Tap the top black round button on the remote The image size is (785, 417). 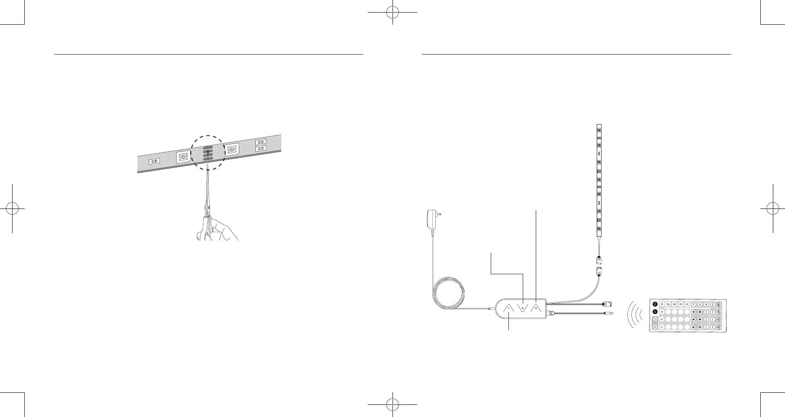pos(655,304)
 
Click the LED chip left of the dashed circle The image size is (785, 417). pos(183,157)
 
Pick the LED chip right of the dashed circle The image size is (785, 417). pos(232,149)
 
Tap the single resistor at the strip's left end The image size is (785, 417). pos(154,161)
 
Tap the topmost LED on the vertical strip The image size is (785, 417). pos(599,129)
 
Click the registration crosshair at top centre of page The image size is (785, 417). pos(392,13)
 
